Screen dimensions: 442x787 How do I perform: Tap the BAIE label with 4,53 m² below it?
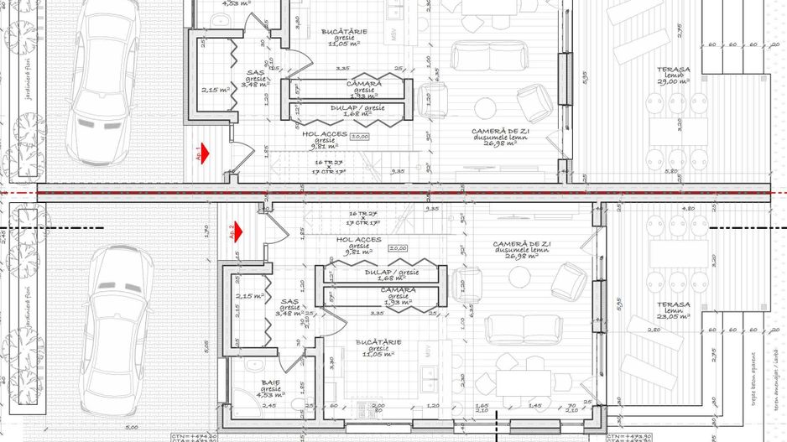click(270, 382)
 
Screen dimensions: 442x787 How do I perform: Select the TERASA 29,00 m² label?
click(674, 70)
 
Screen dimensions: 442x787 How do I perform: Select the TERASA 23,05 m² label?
click(674, 304)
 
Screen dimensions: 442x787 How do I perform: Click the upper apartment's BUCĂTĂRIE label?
click(344, 32)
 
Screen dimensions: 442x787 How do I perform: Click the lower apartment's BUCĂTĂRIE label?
click(378, 342)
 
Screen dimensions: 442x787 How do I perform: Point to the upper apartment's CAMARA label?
click(364, 84)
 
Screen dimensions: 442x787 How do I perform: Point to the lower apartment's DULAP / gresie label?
click(392, 273)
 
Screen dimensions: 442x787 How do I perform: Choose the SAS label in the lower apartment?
click(290, 301)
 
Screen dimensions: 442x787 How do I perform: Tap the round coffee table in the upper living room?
click(486, 107)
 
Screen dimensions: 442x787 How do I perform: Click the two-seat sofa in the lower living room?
click(513, 329)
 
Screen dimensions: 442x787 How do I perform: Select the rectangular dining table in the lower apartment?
click(522, 382)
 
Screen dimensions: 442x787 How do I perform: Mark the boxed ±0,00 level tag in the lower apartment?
click(398, 247)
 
